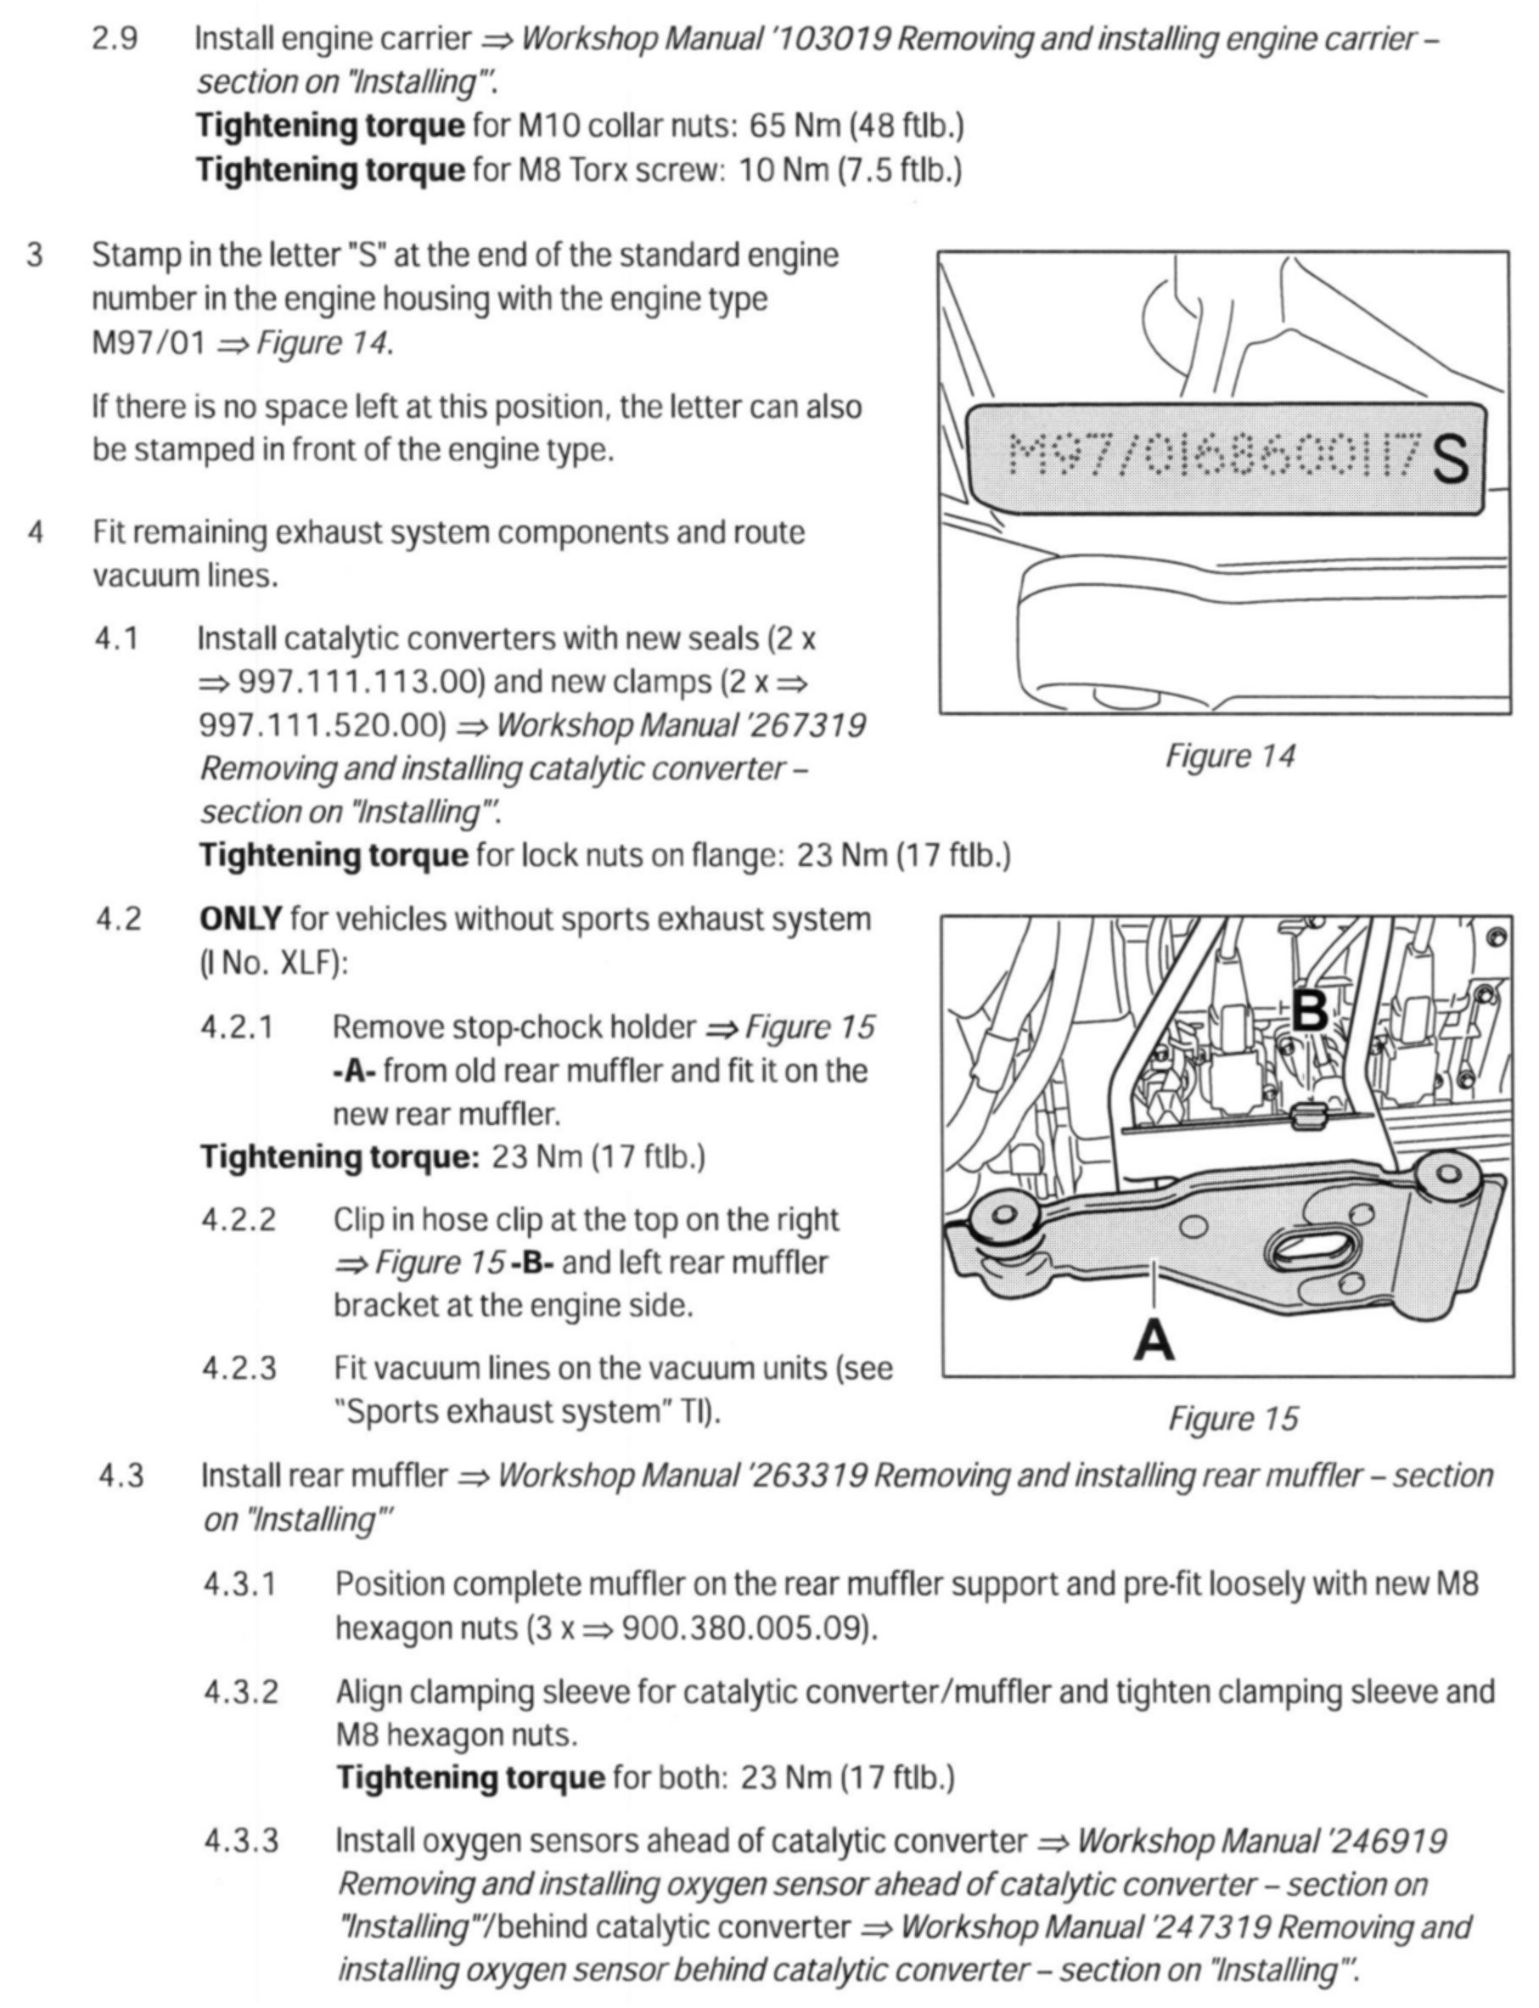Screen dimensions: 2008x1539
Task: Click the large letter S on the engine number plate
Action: [x=1450, y=459]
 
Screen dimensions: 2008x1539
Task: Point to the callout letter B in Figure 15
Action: [x=1309, y=1011]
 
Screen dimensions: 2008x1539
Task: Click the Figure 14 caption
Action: [x=1229, y=757]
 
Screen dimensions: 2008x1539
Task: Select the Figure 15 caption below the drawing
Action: [x=1232, y=1419]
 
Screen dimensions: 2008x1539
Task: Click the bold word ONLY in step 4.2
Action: [x=240, y=919]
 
